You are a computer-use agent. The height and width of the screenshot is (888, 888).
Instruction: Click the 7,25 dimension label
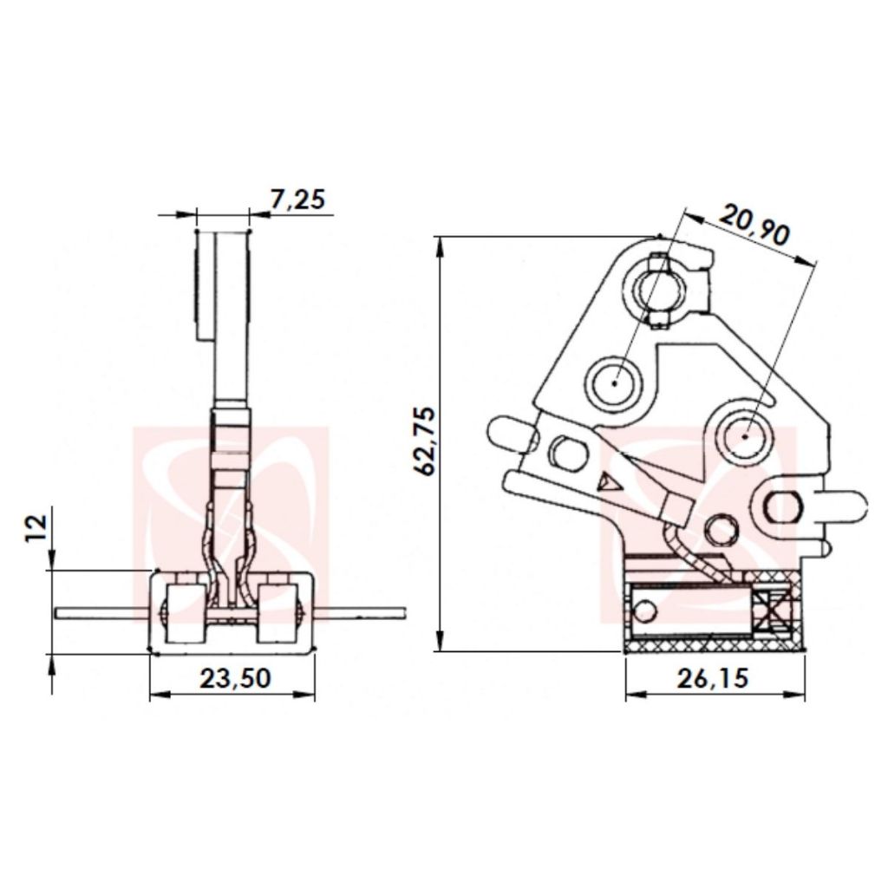(x=298, y=199)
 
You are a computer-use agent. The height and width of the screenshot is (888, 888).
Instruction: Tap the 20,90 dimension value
(x=754, y=225)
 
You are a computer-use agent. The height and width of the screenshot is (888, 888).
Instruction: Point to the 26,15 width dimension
(x=713, y=678)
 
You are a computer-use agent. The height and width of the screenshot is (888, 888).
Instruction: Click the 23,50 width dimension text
(x=236, y=678)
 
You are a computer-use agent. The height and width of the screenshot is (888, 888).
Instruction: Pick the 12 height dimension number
(x=36, y=528)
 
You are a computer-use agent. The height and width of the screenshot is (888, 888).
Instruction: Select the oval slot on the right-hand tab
(x=782, y=506)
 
